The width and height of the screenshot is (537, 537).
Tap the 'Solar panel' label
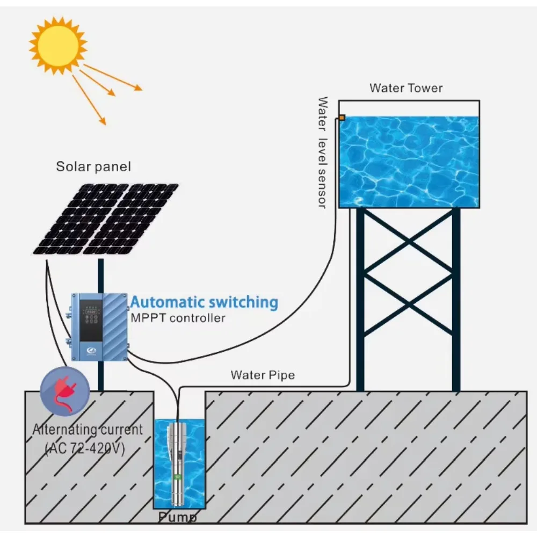[x=93, y=166]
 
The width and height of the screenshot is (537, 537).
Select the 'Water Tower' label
[x=406, y=88]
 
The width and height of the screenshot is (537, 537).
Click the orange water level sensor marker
[x=342, y=117]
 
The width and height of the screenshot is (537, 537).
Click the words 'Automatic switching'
[x=205, y=302]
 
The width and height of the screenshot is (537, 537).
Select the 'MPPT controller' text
[x=178, y=318]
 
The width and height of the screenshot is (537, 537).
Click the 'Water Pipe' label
[x=263, y=375]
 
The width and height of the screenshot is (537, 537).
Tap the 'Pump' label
[x=177, y=518]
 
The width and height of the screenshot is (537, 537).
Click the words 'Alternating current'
[x=88, y=430]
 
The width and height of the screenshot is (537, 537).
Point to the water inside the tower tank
[x=409, y=161]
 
